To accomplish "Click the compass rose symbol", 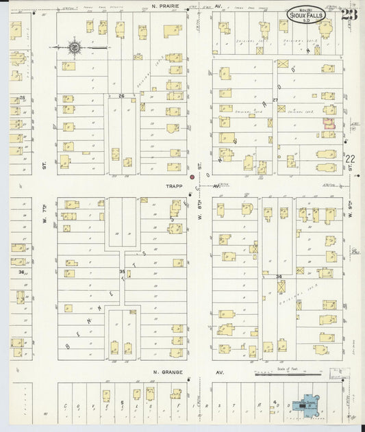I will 74,48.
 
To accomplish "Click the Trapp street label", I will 173,186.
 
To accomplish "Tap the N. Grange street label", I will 168,373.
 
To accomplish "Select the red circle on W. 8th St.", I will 192,176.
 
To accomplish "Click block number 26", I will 121,96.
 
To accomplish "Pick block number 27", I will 275,100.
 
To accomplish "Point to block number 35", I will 123,272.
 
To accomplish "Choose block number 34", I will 279,277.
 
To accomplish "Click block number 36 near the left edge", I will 22,272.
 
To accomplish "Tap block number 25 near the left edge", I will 22,97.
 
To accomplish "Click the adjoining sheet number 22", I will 350,159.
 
